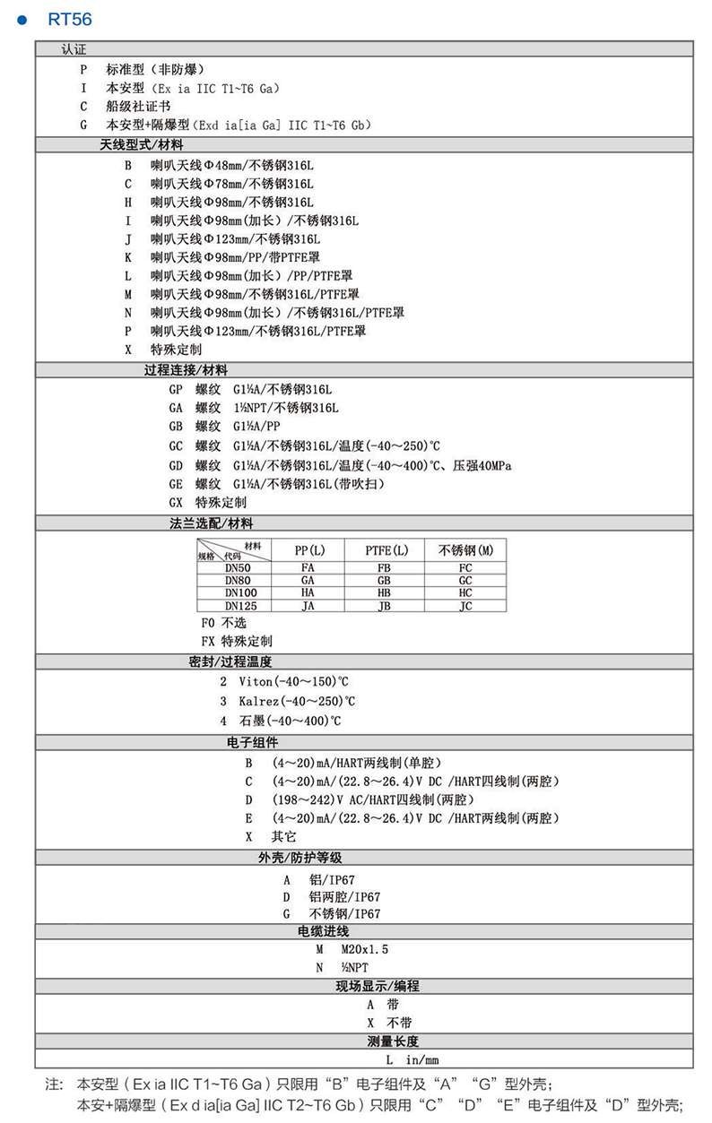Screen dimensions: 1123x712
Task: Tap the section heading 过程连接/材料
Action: click(186, 369)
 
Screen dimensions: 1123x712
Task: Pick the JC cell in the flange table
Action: click(465, 606)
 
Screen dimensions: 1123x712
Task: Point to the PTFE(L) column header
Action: click(386, 549)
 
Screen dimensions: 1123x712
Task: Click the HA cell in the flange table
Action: click(308, 592)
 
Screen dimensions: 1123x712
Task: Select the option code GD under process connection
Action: click(176, 465)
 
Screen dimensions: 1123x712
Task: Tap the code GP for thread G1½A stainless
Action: click(176, 390)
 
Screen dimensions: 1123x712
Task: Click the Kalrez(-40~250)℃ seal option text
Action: click(297, 701)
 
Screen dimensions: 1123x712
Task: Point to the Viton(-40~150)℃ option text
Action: click(290, 682)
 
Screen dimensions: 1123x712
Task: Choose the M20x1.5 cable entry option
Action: click(365, 948)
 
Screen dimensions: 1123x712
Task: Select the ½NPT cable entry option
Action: click(354, 968)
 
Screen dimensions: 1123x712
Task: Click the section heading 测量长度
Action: click(393, 1041)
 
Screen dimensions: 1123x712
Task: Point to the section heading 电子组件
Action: click(253, 742)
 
